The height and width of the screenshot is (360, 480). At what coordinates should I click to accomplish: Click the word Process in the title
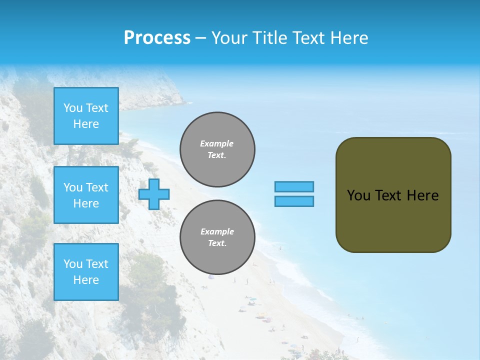[157, 37]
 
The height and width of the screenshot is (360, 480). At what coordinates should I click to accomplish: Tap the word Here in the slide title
[349, 38]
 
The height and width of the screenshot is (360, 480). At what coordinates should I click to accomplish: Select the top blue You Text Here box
[86, 116]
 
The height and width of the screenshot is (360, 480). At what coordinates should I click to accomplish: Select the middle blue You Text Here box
[86, 195]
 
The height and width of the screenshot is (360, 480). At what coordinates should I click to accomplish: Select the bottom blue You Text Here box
[86, 272]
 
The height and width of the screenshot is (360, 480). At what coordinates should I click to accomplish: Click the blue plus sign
[154, 194]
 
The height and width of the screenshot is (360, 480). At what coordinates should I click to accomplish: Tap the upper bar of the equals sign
[294, 186]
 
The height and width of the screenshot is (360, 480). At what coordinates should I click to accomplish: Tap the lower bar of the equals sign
[294, 201]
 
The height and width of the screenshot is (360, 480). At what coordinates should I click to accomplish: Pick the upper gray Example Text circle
[217, 149]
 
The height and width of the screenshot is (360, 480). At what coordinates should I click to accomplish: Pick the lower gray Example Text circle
[217, 237]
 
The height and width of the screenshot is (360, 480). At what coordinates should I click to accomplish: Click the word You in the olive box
[358, 195]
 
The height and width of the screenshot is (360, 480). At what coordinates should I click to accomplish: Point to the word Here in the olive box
[422, 195]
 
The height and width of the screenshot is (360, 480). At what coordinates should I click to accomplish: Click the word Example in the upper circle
[217, 143]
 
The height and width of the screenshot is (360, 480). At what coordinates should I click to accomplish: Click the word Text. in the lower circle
[217, 243]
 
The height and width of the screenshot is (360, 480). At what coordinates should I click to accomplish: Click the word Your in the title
[230, 38]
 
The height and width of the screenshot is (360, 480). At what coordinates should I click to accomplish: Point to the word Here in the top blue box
[86, 124]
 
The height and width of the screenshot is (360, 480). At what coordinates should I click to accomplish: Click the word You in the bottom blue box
[73, 264]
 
